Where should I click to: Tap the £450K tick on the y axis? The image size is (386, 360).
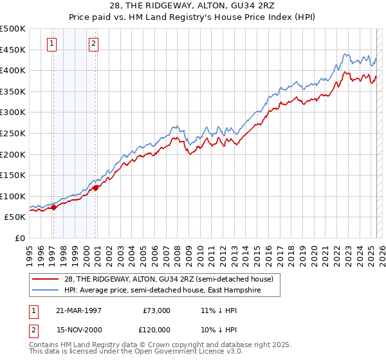13,50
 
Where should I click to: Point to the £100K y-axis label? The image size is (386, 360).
13,196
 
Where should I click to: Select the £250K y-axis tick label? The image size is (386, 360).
13,133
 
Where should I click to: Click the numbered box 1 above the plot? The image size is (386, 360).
51,44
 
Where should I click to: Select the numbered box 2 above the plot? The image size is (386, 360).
93,44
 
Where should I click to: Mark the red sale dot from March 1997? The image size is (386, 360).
54,207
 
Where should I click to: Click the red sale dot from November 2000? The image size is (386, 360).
96,188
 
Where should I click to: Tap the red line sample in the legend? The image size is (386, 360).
46,279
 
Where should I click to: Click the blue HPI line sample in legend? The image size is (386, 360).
46,290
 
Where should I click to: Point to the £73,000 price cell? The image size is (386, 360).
156,310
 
